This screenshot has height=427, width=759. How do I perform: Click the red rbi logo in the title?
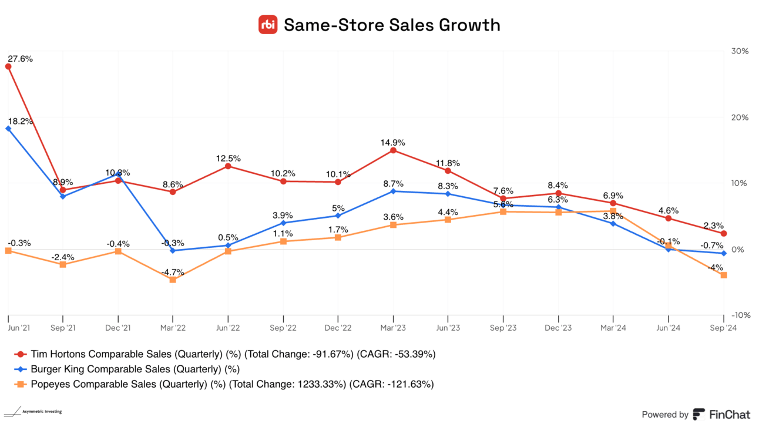[268, 25]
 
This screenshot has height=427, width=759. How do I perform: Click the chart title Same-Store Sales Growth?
[392, 25]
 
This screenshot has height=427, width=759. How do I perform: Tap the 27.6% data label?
[20, 59]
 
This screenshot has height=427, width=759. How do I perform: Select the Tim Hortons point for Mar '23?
[393, 150]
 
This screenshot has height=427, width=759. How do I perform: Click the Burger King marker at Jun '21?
[8, 129]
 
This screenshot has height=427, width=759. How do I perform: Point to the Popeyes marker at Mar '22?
[172, 280]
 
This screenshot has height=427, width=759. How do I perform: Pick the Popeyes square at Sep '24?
[723, 275]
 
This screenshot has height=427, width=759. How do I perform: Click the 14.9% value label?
[393, 142]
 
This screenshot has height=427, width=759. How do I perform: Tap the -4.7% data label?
[172, 272]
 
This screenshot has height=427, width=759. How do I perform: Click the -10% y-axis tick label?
[739, 315]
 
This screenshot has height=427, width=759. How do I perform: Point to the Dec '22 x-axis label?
[338, 328]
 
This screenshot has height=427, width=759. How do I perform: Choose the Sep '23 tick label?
[503, 328]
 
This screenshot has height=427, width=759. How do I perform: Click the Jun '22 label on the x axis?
[228, 328]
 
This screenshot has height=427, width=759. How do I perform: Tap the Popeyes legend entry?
[224, 384]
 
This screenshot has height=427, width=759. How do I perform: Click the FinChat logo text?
[728, 414]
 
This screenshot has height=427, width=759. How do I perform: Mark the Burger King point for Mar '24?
[613, 224]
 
